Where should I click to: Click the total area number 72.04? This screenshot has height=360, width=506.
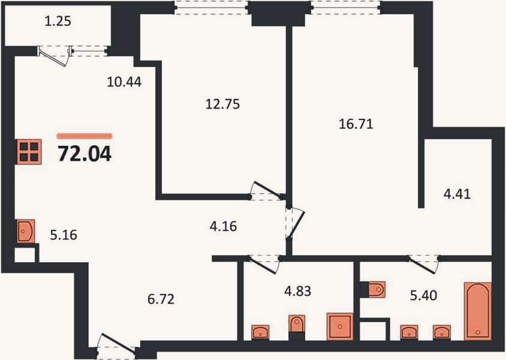pos(85,154)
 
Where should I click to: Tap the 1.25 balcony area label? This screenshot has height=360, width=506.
pos(58,22)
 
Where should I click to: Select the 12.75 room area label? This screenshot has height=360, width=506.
pos(222,104)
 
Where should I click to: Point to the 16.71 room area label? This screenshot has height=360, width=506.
pos(356,124)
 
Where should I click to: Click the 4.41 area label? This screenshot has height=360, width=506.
pos(457,194)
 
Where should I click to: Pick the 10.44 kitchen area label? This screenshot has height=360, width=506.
pos(124,82)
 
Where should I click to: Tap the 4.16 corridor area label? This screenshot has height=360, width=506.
pos(223,226)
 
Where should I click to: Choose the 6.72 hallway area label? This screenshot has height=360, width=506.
pos(161,299)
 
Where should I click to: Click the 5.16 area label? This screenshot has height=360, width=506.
pos(64,235)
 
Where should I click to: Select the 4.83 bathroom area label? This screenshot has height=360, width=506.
pos(297,291)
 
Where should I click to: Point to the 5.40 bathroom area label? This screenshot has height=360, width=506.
pos(423,295)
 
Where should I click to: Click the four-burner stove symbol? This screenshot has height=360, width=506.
pos(29,152)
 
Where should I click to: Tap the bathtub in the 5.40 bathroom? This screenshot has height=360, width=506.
pos(478,311)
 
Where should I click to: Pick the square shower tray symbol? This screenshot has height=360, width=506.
pos(340,326)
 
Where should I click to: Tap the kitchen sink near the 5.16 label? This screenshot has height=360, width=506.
pos(26,231)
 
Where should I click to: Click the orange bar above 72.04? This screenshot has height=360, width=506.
pos(85,136)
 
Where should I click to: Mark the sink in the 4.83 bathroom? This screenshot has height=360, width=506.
pos(260,332)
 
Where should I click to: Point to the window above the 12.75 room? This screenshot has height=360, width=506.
pos(212,7)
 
